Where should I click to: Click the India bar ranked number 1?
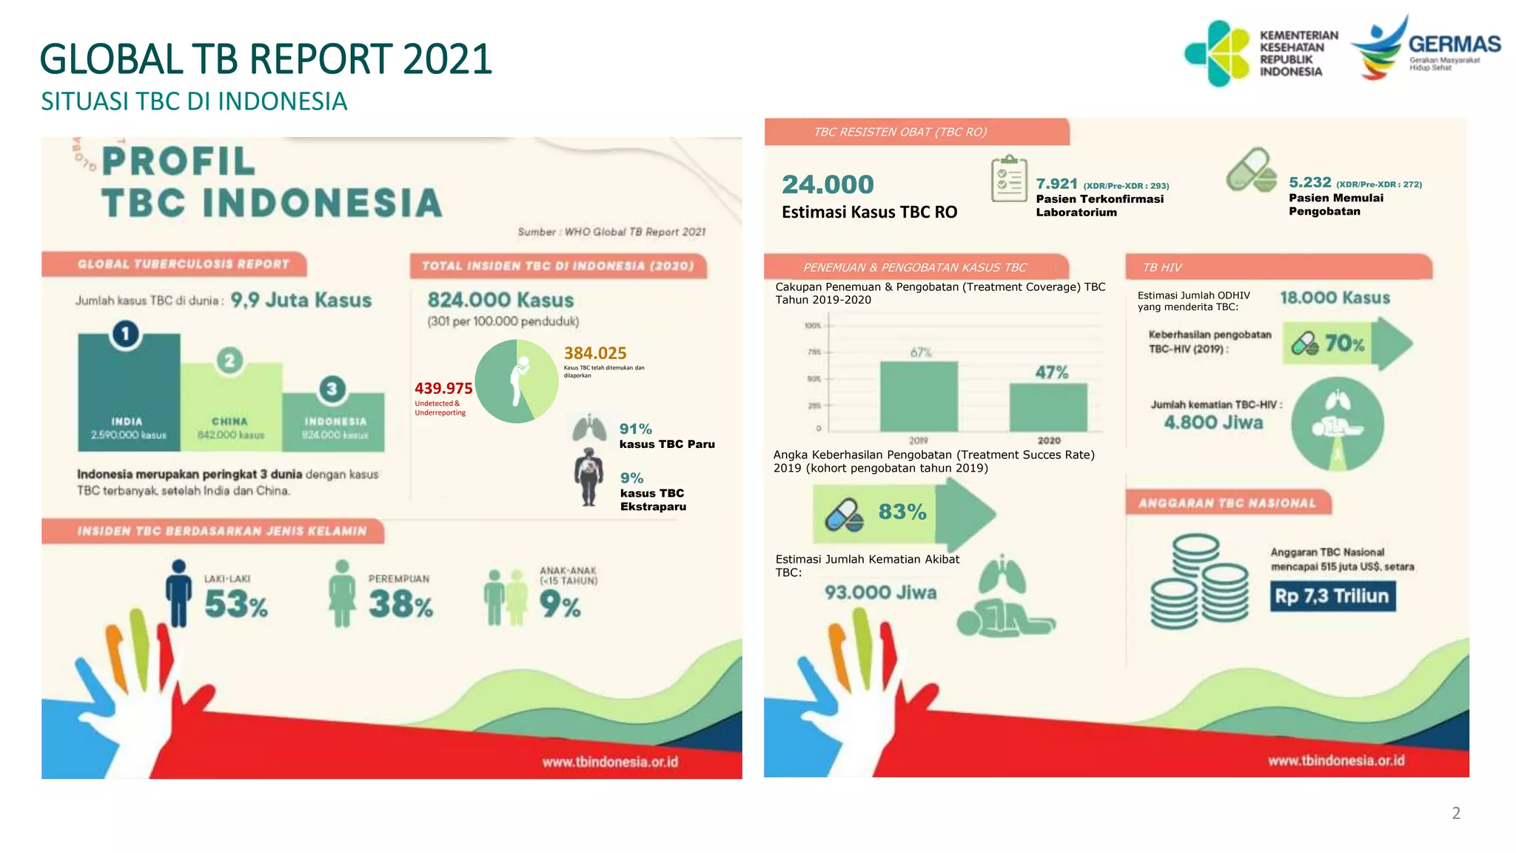coord(129,392)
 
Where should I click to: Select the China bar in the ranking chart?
coord(230,407)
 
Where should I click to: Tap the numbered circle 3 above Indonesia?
coord(332,389)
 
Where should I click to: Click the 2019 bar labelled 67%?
coord(919,396)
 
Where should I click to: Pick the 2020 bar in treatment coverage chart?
coord(1048,407)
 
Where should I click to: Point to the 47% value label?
coord(1052,372)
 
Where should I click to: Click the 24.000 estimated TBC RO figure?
coord(828,184)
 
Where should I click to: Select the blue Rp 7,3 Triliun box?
coord(1332,596)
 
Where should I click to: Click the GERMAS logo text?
coord(1454,44)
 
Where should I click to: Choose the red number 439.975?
coord(443,388)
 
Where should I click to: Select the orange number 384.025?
coord(595,353)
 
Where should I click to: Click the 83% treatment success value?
coord(902,512)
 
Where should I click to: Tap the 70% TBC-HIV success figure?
coord(1344,344)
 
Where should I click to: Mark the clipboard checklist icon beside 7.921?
coord(1008,179)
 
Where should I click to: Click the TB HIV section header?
coord(1162,267)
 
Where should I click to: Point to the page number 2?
coord(1455,813)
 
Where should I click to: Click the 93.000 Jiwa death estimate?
coord(880,592)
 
